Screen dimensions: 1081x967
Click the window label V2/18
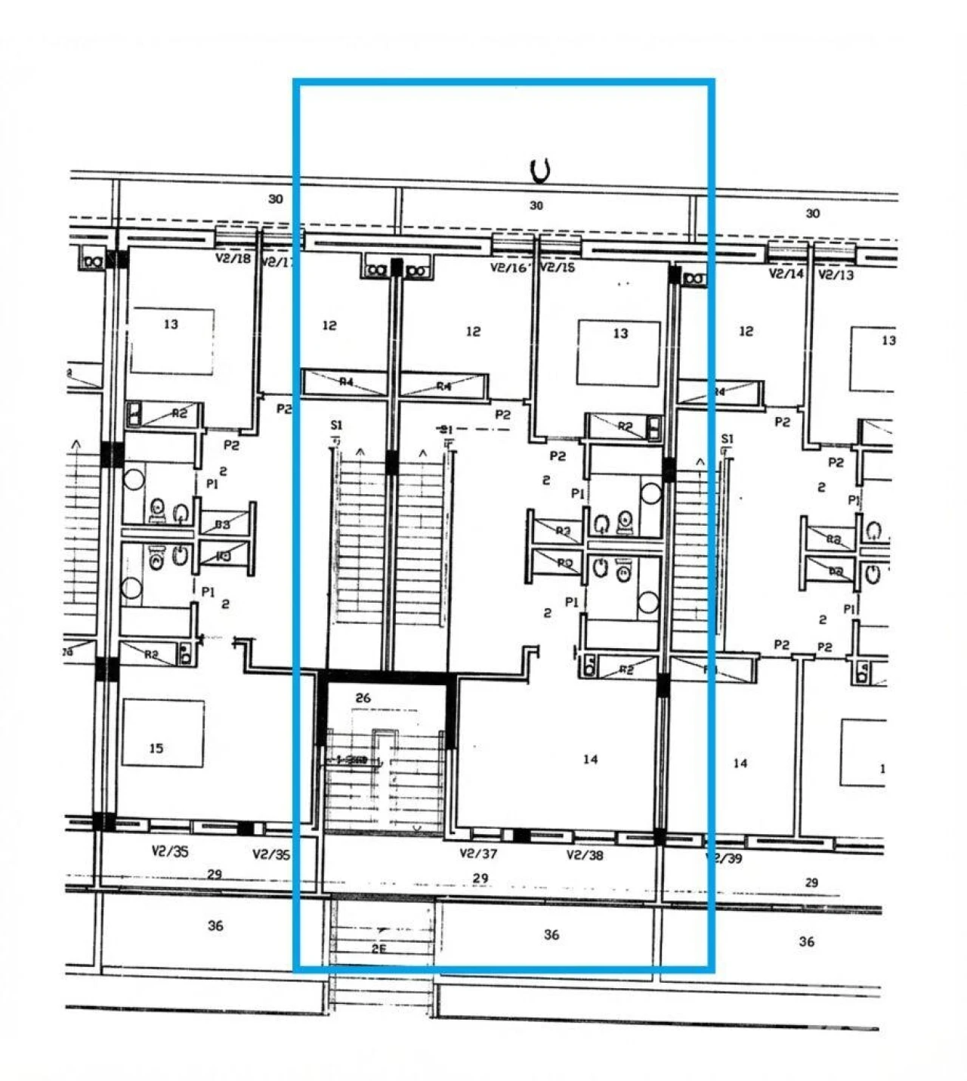[233, 258]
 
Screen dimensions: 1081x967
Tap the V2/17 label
[277, 263]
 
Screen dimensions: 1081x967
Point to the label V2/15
[558, 267]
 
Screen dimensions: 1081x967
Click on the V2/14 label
[786, 273]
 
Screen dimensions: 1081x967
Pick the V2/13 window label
[836, 275]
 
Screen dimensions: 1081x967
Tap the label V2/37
[478, 854]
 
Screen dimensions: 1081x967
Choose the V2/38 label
[585, 855]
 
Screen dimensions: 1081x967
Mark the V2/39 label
[724, 858]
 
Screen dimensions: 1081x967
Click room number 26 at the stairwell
[363, 698]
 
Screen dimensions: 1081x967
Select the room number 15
[156, 748]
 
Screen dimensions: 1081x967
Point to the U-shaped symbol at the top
[540, 171]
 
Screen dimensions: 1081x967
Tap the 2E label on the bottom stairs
[378, 949]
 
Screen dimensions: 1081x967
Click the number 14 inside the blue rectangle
[590, 758]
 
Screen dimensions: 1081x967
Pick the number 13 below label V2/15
[620, 333]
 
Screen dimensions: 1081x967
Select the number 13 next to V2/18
[171, 324]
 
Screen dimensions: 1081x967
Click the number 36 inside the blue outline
[551, 934]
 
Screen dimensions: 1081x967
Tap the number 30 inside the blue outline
[536, 205]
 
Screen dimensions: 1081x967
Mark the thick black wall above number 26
[387, 678]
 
